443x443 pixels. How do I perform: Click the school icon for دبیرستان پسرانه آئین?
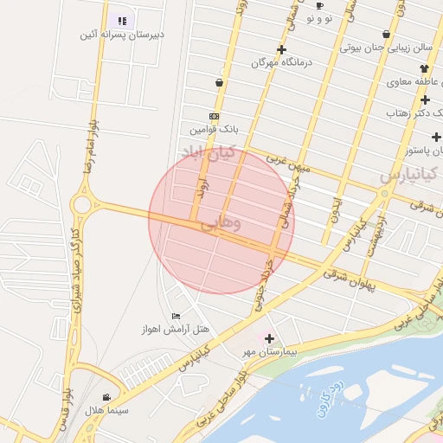(122, 20)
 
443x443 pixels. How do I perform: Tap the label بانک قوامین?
(214, 129)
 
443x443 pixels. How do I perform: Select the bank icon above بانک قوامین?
(214, 116)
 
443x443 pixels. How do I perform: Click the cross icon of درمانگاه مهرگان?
(281, 49)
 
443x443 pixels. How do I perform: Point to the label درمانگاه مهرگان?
(281, 63)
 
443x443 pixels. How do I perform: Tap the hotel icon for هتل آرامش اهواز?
(177, 317)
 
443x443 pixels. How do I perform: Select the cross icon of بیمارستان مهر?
(269, 338)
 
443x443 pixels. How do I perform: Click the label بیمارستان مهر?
(269, 352)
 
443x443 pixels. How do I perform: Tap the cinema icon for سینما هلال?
(106, 396)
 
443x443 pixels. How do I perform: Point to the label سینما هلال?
(106, 409)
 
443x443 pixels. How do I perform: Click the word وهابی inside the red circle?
(221, 223)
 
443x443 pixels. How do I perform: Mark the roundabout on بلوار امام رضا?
(84, 205)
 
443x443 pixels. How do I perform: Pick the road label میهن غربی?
(286, 161)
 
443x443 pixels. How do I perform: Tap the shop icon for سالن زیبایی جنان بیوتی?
(385, 35)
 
